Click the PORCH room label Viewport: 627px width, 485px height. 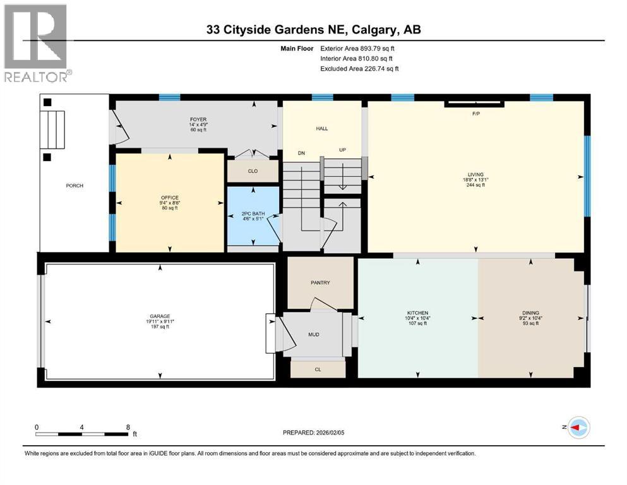pyautogui.click(x=75, y=186)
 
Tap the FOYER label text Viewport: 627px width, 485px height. pyautogui.click(x=199, y=119)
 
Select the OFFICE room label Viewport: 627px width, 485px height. pyautogui.click(x=169, y=198)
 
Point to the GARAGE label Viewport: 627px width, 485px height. pyautogui.click(x=160, y=316)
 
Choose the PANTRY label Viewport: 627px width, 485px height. pyautogui.click(x=320, y=283)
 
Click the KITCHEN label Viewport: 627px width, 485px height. pyautogui.click(x=417, y=313)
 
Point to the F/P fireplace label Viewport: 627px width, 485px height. pyautogui.click(x=477, y=114)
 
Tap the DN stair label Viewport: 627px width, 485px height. pyautogui.click(x=302, y=152)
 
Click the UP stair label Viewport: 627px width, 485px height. pyautogui.click(x=343, y=150)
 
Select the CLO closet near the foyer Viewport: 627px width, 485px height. pyautogui.click(x=253, y=171)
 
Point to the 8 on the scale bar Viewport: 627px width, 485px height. pyautogui.click(x=128, y=427)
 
